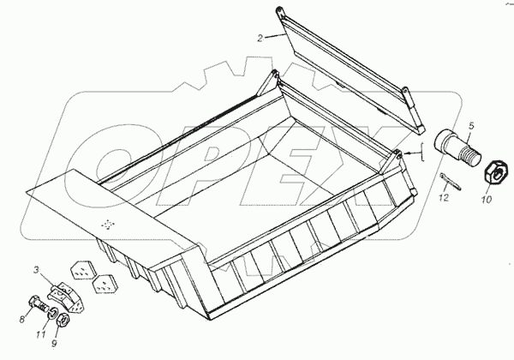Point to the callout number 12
coord(443,199)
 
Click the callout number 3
coord(36,270)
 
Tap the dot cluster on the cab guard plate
coord(107,225)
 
